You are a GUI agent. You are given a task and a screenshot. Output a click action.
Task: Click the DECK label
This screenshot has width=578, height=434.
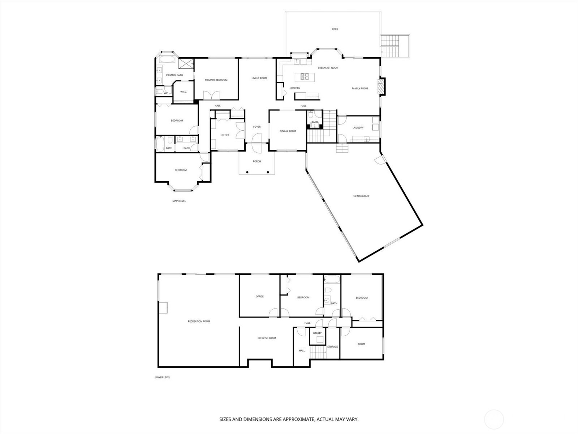(335, 29)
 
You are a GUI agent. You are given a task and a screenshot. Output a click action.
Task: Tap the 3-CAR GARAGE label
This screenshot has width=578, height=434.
(361, 196)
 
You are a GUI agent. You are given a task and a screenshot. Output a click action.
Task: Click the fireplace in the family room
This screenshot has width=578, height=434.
(381, 87)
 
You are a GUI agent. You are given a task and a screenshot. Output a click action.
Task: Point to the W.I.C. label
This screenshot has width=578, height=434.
(183, 92)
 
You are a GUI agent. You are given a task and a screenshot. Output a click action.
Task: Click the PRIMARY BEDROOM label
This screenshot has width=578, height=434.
(216, 80)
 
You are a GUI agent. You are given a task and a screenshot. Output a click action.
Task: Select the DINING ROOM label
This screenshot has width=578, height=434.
(288, 131)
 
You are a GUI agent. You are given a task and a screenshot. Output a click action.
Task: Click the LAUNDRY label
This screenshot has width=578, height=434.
(358, 128)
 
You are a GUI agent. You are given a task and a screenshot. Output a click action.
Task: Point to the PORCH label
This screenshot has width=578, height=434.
(256, 161)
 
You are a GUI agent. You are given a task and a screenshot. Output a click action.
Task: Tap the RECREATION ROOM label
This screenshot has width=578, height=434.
(199, 321)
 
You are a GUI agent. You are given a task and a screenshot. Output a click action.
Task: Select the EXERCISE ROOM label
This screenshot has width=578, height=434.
(267, 338)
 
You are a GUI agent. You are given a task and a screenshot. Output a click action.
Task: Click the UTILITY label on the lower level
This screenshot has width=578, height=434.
(317, 333)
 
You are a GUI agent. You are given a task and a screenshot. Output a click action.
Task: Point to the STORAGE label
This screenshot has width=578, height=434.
(332, 346)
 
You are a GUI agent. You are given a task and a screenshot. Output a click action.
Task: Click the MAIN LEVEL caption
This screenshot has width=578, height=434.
(179, 201)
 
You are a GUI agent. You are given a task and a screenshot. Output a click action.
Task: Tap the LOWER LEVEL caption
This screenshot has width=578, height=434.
(162, 377)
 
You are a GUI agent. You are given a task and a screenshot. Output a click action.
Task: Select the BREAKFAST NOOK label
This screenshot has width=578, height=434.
(328, 68)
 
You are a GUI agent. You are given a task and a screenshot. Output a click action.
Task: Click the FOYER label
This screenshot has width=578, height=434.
(256, 127)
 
